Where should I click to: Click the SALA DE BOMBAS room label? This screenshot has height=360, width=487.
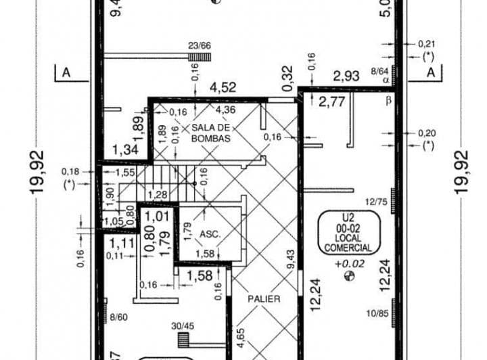pos(210,133)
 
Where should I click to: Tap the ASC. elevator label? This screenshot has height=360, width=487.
pos(210,234)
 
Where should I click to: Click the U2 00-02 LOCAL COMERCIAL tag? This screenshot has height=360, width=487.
pos(347,233)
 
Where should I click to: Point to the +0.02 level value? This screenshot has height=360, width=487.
pos(350,263)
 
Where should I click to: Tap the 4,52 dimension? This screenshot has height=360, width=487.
pos(223,87)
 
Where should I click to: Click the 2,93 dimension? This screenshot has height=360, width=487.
pos(346,76)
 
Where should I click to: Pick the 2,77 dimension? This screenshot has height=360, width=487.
pos(331,102)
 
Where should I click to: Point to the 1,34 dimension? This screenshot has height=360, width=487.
pos(124,149)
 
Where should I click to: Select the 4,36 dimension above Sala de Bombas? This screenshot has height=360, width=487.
pos(226,110)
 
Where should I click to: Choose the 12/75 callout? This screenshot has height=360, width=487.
pos(375,201)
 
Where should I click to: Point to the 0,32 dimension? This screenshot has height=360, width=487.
pos(287,78)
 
